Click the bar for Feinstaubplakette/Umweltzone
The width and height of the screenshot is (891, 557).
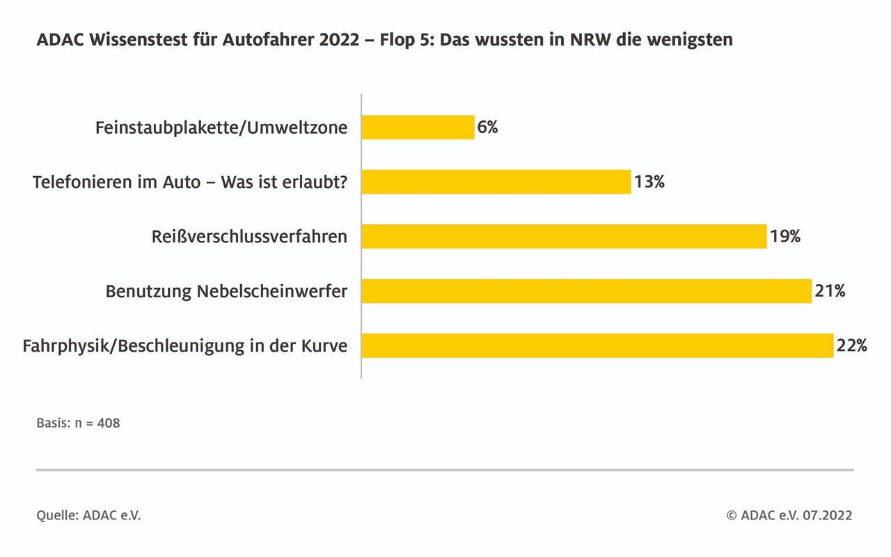(418, 127)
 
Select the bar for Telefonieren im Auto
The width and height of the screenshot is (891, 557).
(496, 182)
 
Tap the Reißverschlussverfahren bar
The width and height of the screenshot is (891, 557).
(564, 236)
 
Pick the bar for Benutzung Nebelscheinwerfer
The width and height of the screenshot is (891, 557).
(586, 291)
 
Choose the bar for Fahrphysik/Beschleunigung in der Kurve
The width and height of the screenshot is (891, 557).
(597, 345)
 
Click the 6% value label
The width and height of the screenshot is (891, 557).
(488, 127)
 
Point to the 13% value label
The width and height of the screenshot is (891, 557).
(649, 182)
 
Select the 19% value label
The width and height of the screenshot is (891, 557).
(785, 236)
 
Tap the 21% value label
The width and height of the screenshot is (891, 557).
(830, 291)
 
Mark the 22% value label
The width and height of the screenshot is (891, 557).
(852, 345)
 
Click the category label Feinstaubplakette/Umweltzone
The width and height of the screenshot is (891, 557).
(221, 128)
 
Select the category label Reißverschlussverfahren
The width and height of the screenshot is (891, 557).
(249, 237)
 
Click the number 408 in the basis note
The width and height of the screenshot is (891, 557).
(109, 423)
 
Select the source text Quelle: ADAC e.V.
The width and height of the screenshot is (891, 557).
(88, 516)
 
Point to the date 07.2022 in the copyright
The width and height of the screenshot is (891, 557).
(827, 516)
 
